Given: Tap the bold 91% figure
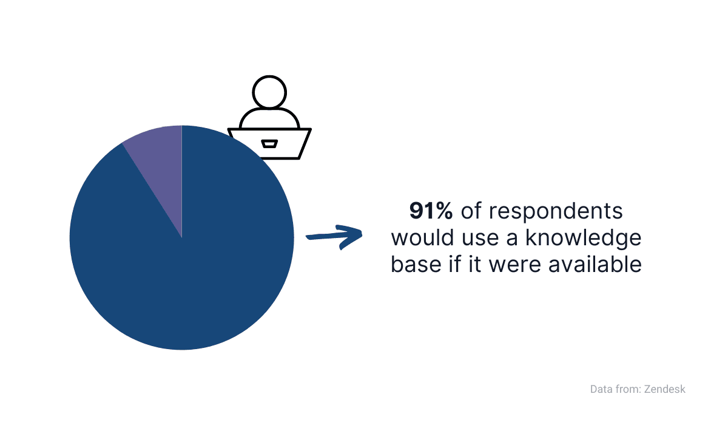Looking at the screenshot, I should tap(431, 211).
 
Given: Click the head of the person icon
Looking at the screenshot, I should tap(269, 92).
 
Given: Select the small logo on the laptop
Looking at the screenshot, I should tap(269, 144).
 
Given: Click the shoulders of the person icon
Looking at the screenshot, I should tap(269, 118).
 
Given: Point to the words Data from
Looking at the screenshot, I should tap(613, 389).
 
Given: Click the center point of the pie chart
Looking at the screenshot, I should tap(182, 237).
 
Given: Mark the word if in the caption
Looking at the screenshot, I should tap(453, 265).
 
